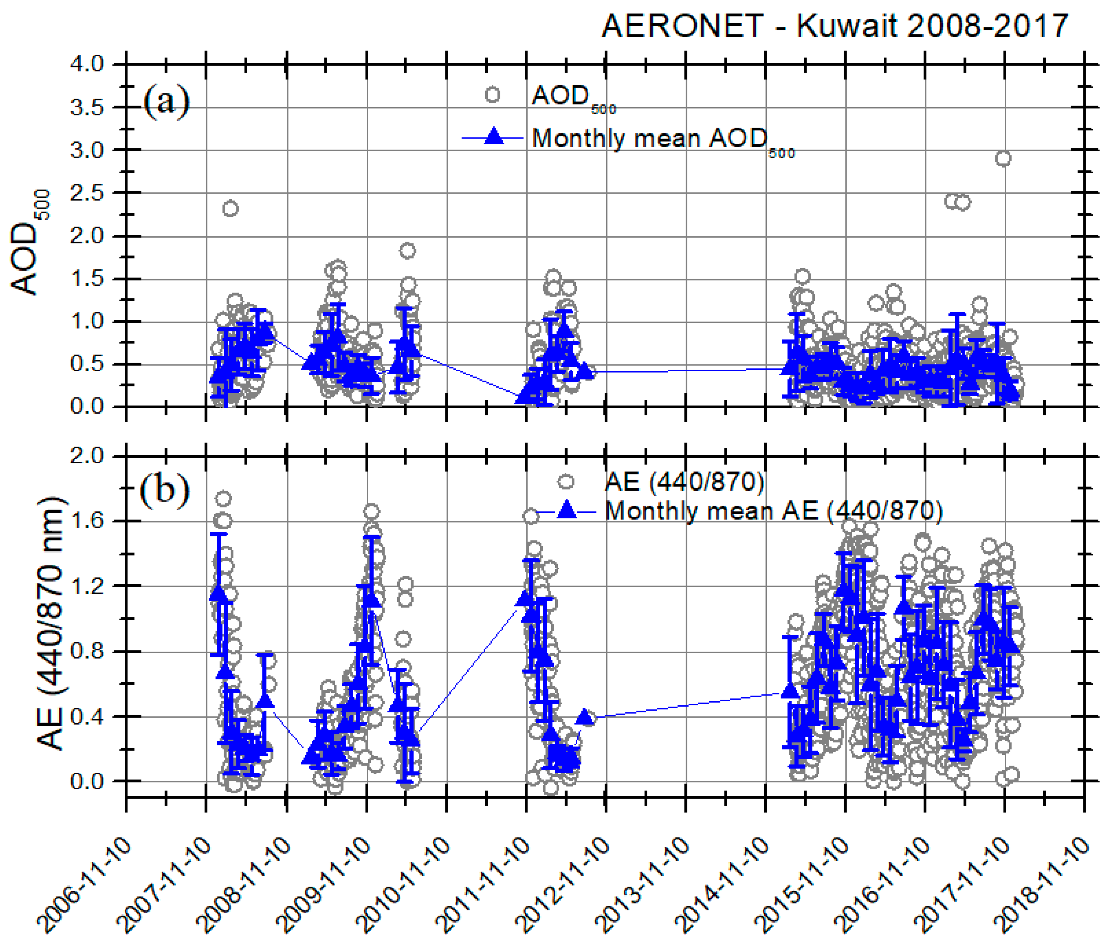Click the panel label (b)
pyautogui.click(x=164, y=488)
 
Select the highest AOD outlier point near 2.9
pyautogui.click(x=1003, y=159)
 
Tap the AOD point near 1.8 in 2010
pyautogui.click(x=408, y=251)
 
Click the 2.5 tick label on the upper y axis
pyautogui.click(x=87, y=193)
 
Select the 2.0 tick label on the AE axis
pyautogui.click(x=87, y=456)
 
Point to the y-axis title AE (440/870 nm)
pyautogui.click(x=51, y=623)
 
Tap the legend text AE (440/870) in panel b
pyautogui.click(x=684, y=482)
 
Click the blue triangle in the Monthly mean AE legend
pyautogui.click(x=567, y=511)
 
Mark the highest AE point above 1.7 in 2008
pyautogui.click(x=223, y=499)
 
